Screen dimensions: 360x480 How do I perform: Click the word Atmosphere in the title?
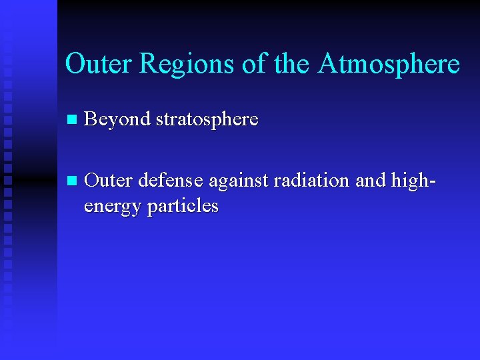coord(389,64)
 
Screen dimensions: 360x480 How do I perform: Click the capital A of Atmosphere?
coord(329,64)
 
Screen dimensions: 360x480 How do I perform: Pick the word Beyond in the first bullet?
coord(117,120)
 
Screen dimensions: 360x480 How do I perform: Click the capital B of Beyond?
coord(92,119)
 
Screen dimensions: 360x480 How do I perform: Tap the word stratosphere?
coord(207,120)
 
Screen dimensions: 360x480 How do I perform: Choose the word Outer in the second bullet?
coord(109,181)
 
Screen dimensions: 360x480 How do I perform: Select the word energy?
coord(112,207)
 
